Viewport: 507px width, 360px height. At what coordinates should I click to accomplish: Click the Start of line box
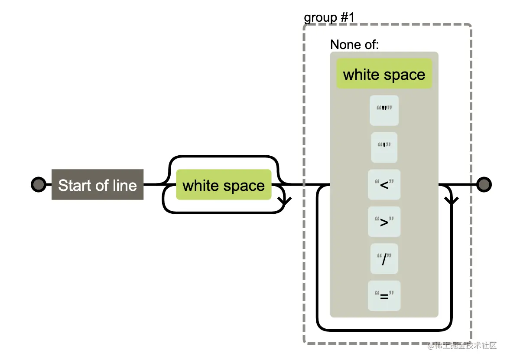click(x=97, y=185)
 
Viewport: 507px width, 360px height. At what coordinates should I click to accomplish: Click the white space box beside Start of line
click(x=224, y=185)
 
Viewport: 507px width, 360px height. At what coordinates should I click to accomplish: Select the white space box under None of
click(x=384, y=74)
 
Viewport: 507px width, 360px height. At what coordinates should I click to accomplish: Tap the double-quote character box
click(x=384, y=111)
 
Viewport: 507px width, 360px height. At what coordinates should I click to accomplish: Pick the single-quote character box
click(x=384, y=147)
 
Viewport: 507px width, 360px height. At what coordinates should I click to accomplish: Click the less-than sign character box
click(x=384, y=185)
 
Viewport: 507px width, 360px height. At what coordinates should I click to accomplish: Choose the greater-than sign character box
click(x=384, y=222)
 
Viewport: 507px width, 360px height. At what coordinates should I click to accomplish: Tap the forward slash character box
click(x=384, y=259)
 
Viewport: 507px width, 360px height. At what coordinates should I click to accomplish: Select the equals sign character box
click(x=384, y=296)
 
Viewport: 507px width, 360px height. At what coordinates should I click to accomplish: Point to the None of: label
click(x=354, y=44)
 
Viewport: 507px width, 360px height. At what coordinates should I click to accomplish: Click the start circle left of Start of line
click(x=38, y=185)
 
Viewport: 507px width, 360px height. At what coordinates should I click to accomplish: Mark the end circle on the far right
click(x=484, y=185)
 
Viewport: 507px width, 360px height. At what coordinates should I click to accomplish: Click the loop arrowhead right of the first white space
click(x=285, y=200)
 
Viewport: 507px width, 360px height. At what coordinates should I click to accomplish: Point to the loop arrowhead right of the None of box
click(x=452, y=200)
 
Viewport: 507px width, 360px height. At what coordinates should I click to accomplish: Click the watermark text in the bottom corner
click(x=462, y=346)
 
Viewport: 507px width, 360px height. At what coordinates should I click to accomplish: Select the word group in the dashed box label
click(x=321, y=18)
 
